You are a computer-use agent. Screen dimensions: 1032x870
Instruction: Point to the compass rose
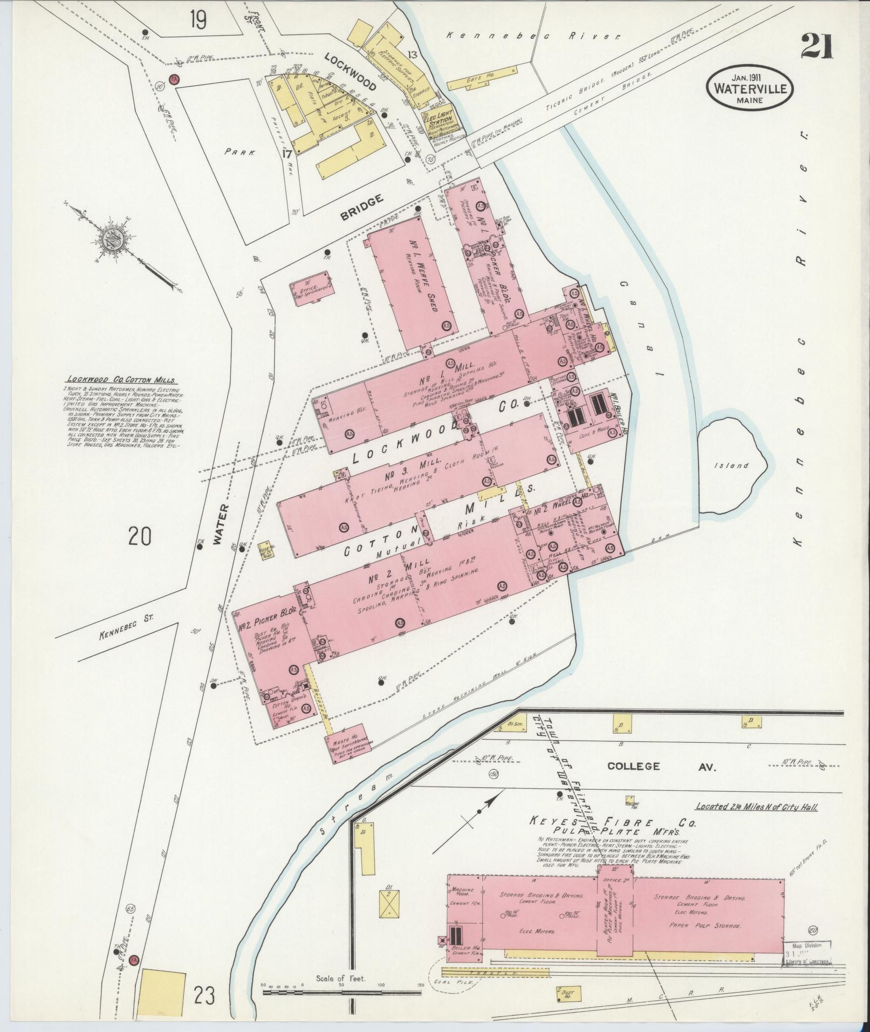pos(117,238)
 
